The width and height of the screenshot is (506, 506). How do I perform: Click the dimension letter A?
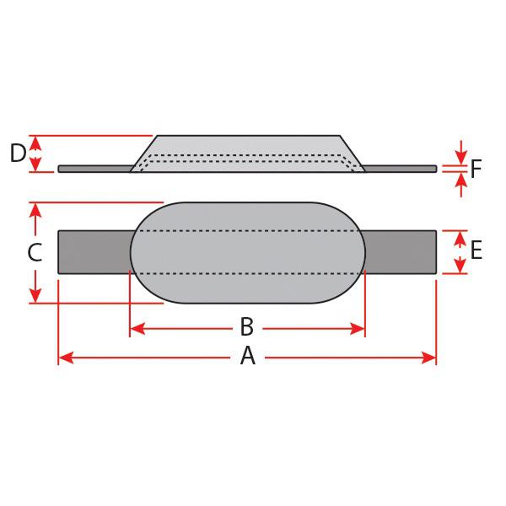coord(247,358)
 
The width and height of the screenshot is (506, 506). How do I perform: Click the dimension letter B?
coord(247,326)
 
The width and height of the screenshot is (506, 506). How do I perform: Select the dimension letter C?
coord(35,253)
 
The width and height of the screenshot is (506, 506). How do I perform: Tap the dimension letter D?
coord(17,153)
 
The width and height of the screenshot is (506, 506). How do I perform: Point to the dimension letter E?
coord(476,250)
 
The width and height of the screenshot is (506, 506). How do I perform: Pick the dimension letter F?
coord(476,170)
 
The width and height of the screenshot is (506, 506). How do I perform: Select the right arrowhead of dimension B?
coord(359,328)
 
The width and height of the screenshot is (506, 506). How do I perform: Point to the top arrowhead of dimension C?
coord(35,208)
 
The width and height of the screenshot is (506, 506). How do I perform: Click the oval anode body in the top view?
coord(247,253)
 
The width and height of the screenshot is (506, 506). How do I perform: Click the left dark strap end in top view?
coord(93,251)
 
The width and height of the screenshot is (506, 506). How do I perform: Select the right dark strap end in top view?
coord(401,251)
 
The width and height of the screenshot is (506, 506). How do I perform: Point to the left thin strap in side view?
coord(93,169)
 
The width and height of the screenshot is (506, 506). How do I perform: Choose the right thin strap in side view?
coord(401,169)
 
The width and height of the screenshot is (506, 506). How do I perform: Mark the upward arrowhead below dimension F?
coord(460,178)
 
